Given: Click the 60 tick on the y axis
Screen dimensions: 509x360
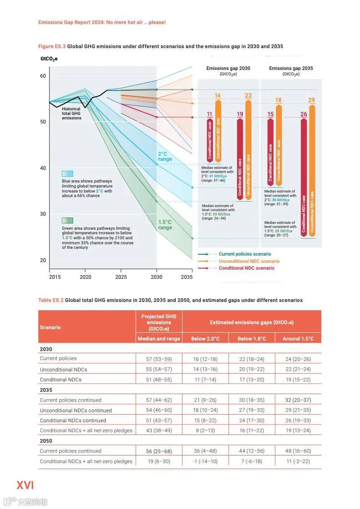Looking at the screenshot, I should pyautogui.click(x=43, y=76).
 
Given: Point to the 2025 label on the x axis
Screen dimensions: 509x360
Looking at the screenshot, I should pyautogui.click(x=121, y=277).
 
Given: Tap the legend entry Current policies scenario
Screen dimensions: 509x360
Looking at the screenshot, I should pyautogui.click(x=245, y=254).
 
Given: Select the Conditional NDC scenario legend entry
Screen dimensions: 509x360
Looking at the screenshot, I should pyautogui.click(x=247, y=268).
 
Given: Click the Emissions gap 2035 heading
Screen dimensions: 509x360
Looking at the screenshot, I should pyautogui.click(x=291, y=69).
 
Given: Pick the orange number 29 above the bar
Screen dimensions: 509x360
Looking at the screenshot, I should pyautogui.click(x=311, y=100).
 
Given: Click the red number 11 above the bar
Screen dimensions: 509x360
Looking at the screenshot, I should pyautogui.click(x=209, y=114).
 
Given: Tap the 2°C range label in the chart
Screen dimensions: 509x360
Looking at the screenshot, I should pyautogui.click(x=165, y=157).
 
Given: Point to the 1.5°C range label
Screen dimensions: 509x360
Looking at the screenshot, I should pyautogui.click(x=165, y=225).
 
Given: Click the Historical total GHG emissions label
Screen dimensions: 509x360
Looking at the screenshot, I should pyautogui.click(x=72, y=114).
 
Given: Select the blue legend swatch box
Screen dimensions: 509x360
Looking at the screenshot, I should pyautogui.click(x=68, y=173).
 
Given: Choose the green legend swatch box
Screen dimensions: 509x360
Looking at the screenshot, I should pyautogui.click(x=68, y=221).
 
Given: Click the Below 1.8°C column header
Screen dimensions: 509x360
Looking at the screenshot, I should pyautogui.click(x=251, y=339).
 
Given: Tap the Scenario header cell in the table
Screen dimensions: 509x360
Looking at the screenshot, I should pyautogui.click(x=50, y=327).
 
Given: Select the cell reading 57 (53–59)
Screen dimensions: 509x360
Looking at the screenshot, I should pyautogui.click(x=159, y=359).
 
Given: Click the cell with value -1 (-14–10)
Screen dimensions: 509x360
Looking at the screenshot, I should pyautogui.click(x=205, y=461).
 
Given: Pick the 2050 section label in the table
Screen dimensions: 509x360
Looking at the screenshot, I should pyautogui.click(x=46, y=441).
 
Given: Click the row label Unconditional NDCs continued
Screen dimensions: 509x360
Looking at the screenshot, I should pyautogui.click(x=76, y=410).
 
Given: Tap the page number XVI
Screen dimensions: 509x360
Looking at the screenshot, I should pyautogui.click(x=25, y=485).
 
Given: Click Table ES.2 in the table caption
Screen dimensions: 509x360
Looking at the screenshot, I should pyautogui.click(x=51, y=300).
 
